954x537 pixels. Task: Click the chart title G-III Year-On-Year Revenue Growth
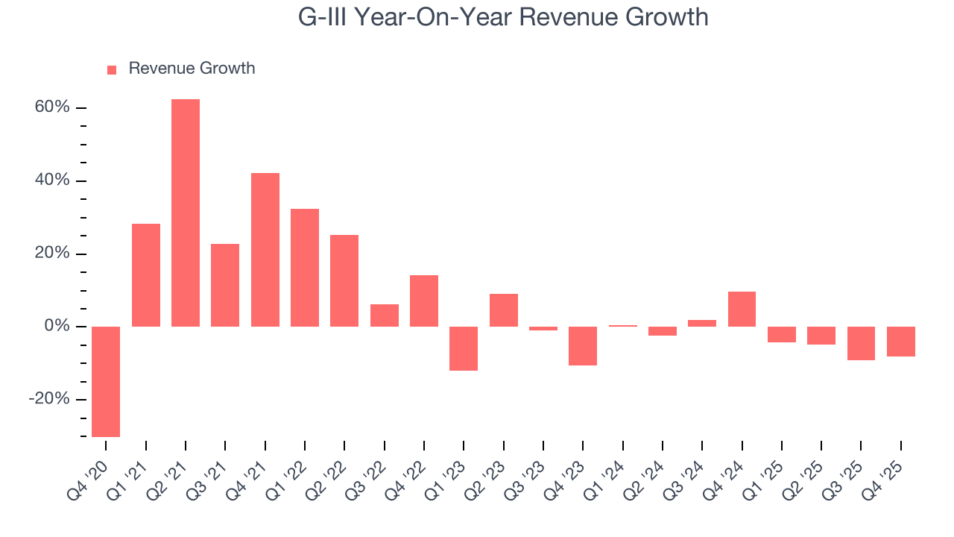(503, 17)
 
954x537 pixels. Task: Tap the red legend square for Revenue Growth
(112, 70)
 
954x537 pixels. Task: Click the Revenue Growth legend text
(192, 69)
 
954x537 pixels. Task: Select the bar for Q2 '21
(186, 213)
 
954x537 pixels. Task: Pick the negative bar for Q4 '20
(106, 381)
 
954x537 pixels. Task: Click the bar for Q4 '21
(265, 250)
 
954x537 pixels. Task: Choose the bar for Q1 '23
(464, 348)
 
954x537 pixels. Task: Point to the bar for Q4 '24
(742, 309)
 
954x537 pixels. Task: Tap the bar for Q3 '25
(861, 343)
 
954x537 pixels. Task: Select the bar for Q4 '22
(424, 301)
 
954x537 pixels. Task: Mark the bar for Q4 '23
(583, 345)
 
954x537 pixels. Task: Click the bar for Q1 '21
(146, 275)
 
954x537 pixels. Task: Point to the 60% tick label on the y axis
(52, 107)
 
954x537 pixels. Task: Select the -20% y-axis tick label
(49, 399)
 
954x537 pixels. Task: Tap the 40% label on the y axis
(52, 180)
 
